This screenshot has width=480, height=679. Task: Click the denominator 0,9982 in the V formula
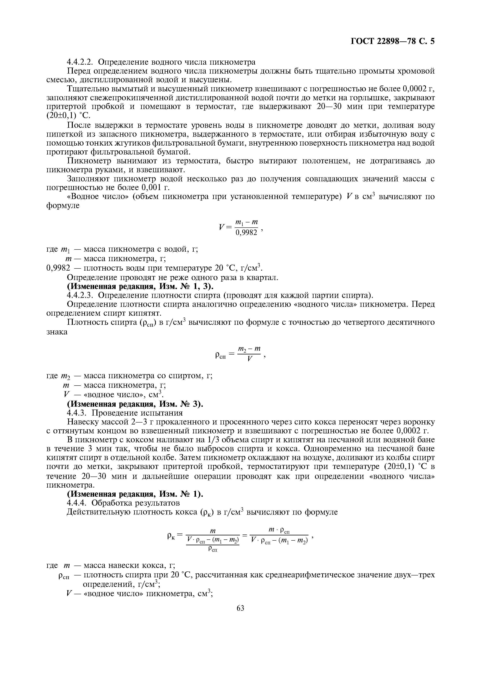pyautogui.click(x=246, y=233)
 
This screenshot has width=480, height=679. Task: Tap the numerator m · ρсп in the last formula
pyautogui.click(x=279, y=531)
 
